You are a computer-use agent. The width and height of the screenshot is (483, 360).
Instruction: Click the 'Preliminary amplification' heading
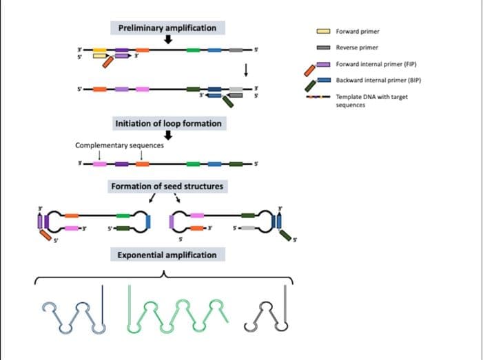click(167, 28)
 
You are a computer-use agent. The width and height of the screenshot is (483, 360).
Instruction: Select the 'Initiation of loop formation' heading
click(168, 123)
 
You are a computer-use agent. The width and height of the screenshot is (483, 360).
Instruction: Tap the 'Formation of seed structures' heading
click(167, 187)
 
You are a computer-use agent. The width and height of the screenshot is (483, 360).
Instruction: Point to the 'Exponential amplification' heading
click(167, 255)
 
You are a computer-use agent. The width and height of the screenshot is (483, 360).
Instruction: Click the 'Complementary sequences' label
click(119, 145)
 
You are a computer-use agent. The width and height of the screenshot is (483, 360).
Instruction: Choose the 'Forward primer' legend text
click(358, 31)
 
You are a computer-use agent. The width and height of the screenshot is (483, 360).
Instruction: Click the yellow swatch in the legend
click(323, 31)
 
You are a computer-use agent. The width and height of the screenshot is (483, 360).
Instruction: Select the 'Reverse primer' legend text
click(357, 47)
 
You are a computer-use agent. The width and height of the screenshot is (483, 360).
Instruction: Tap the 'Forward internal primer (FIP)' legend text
click(376, 64)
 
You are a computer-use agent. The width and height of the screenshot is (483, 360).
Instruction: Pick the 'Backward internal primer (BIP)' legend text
click(378, 81)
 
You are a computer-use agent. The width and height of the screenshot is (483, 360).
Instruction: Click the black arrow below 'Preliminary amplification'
click(167, 40)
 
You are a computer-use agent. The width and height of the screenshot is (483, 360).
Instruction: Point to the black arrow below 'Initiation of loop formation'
click(167, 135)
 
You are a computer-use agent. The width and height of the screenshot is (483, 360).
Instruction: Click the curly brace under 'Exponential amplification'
click(164, 275)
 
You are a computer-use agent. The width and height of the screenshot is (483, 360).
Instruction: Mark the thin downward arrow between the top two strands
click(245, 70)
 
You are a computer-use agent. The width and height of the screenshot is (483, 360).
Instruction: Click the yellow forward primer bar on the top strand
click(99, 51)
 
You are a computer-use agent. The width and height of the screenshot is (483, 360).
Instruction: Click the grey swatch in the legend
click(323, 47)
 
